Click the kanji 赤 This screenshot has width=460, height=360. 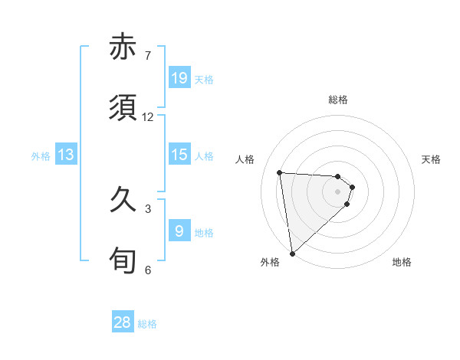(x=123, y=47)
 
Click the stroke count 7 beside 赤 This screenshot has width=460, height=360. (x=147, y=56)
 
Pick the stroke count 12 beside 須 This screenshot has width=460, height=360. (x=147, y=117)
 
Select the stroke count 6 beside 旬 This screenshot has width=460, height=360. (x=147, y=270)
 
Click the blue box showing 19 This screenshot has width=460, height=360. (x=179, y=77)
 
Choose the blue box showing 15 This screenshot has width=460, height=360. (x=179, y=155)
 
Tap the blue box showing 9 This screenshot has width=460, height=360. (x=179, y=231)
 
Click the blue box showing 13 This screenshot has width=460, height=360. (x=65, y=155)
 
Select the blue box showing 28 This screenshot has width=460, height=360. (x=123, y=322)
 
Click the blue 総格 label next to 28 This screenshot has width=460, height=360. (x=147, y=324)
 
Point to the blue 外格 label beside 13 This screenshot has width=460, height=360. (x=41, y=156)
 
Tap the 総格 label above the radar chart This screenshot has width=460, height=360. (x=338, y=100)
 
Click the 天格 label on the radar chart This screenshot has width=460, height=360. (x=431, y=159)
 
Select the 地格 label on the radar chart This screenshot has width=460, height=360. (x=402, y=262)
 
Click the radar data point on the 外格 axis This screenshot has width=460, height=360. (x=292, y=253)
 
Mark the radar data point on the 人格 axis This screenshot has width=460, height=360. (x=280, y=172)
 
